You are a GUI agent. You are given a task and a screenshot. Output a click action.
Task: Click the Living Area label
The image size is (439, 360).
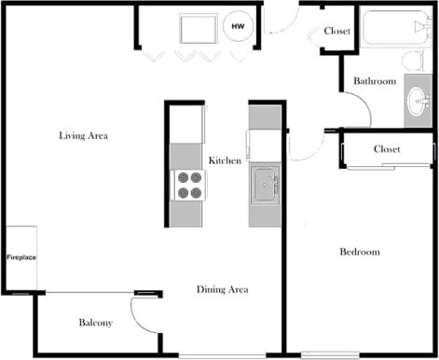84,136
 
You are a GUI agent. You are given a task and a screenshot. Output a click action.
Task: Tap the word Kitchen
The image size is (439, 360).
225,160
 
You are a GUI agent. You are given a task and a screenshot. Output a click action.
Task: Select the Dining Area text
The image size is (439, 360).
222,290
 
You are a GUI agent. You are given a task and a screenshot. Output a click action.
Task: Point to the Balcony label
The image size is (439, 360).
95,323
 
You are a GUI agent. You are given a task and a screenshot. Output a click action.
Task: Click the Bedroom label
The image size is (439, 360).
359,252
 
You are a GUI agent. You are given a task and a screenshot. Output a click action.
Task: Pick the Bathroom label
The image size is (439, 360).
375,81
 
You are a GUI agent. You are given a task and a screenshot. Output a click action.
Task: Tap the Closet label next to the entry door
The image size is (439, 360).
336,32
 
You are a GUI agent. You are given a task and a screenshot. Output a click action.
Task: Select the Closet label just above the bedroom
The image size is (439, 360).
386,149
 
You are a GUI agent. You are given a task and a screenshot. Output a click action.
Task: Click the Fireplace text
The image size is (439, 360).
21,257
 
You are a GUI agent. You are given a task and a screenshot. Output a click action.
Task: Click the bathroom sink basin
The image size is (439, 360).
417,102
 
